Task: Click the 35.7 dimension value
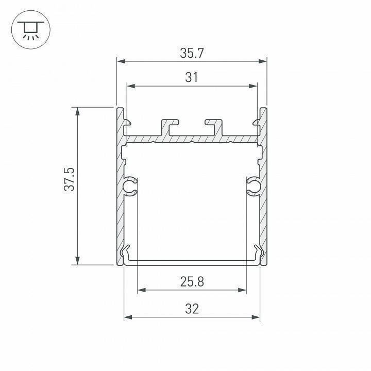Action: [191, 53]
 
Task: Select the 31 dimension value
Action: [191, 77]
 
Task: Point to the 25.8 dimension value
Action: [192, 281]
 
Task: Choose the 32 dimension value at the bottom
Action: [192, 309]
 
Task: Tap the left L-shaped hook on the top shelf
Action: [170, 126]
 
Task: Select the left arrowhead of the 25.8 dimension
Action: [141, 290]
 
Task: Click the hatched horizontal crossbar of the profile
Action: [191, 139]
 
